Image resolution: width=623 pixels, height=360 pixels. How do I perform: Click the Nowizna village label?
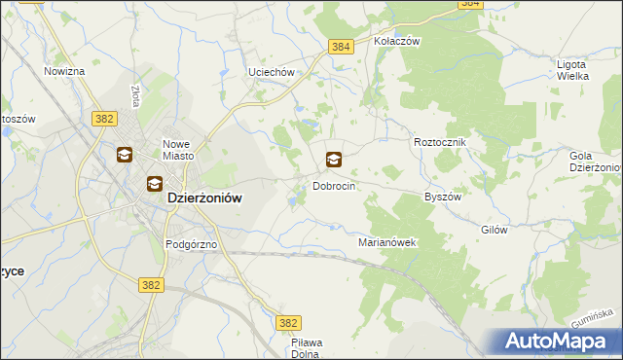click(x=64, y=72)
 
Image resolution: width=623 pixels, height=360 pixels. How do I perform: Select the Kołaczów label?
click(x=396, y=42)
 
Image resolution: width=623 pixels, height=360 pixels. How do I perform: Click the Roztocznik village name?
click(x=441, y=142)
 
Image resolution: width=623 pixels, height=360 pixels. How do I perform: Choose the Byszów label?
click(x=442, y=196)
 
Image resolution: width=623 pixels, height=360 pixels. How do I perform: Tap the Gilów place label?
click(x=495, y=231)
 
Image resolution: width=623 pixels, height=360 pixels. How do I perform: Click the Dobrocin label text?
click(x=333, y=186)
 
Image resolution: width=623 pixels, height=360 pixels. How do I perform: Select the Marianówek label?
click(x=387, y=242)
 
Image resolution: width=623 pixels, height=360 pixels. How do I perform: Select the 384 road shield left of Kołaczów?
click(x=341, y=47)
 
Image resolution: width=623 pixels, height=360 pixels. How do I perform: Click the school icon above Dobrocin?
click(x=333, y=160)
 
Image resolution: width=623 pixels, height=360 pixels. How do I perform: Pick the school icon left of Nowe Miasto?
click(x=125, y=155)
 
